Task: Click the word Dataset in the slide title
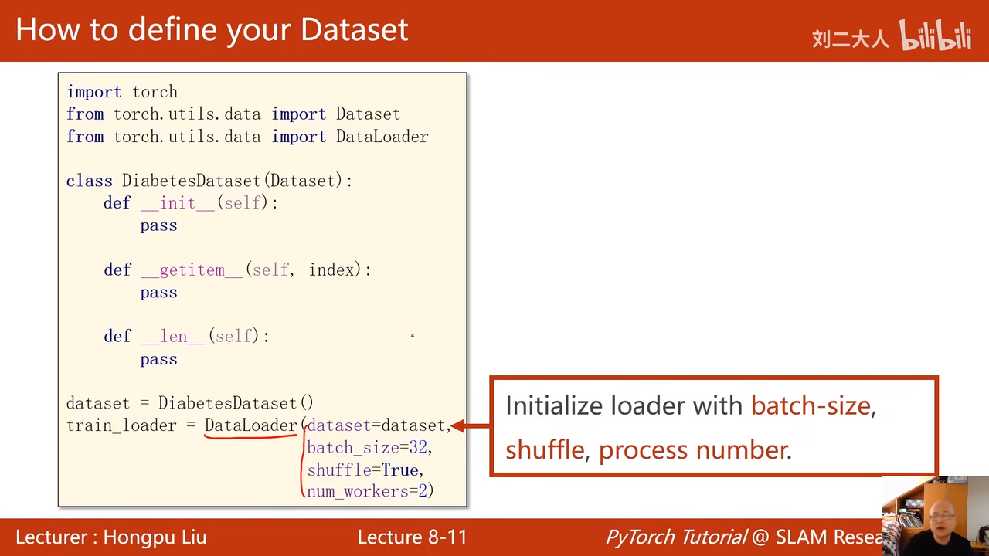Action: (x=355, y=29)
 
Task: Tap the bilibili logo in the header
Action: (x=935, y=35)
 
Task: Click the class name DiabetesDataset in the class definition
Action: (x=191, y=181)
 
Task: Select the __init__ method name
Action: (x=178, y=203)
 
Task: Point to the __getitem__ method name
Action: (x=192, y=270)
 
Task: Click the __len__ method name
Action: (x=173, y=336)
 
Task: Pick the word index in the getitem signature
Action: (x=331, y=270)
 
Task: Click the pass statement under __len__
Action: (x=159, y=359)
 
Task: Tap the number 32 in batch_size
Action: (x=418, y=447)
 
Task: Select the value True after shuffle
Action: (x=399, y=470)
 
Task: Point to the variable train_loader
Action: (x=121, y=425)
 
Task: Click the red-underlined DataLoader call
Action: (x=250, y=425)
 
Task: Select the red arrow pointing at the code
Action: (x=471, y=425)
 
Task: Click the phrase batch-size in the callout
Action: (x=811, y=405)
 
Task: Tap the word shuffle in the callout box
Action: (x=545, y=450)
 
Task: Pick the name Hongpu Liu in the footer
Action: (x=155, y=537)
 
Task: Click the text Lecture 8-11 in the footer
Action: (x=413, y=537)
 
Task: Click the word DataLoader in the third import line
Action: (x=382, y=137)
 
